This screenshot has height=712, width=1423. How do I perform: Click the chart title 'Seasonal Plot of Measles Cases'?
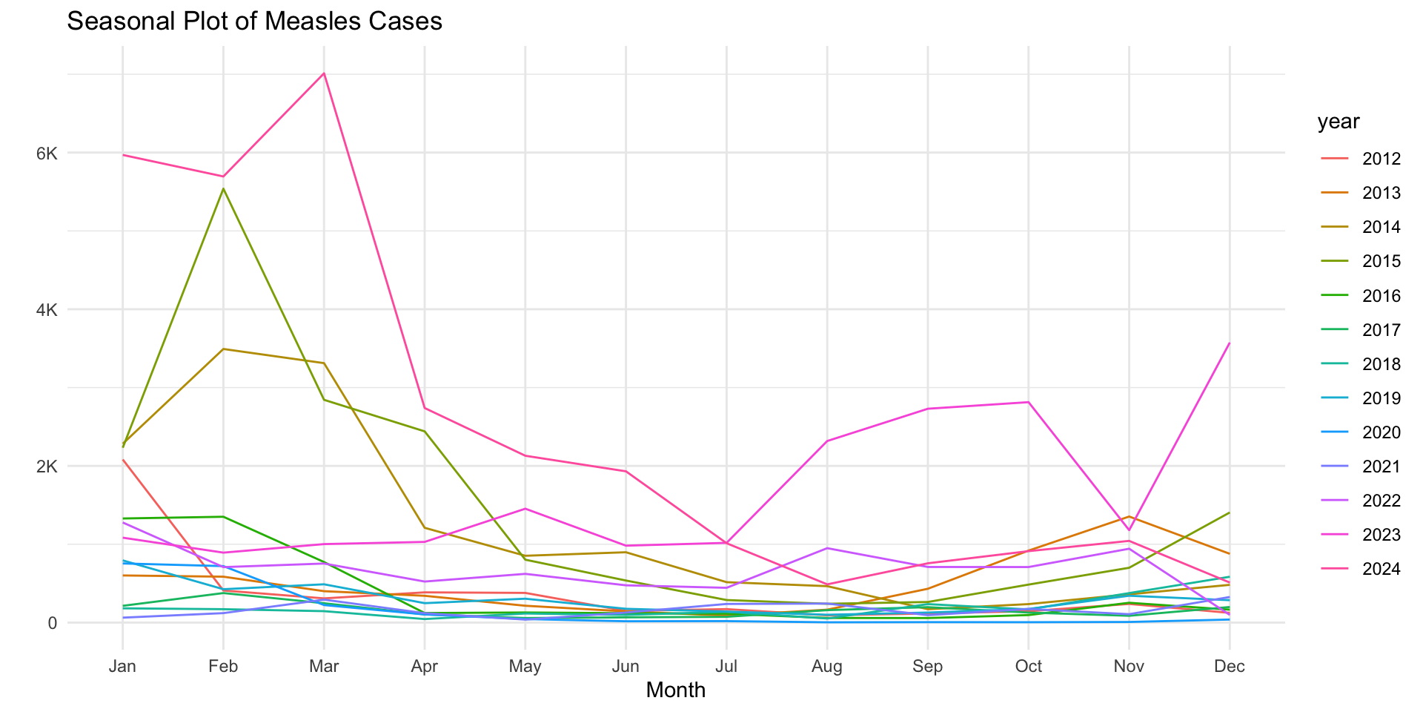pyautogui.click(x=254, y=22)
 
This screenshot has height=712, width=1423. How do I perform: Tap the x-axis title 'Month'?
pyautogui.click(x=675, y=690)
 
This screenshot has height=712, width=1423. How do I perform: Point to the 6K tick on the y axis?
pyautogui.click(x=47, y=154)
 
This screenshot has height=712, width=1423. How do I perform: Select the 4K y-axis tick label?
pyautogui.click(x=47, y=310)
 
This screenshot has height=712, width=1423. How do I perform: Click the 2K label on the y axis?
pyautogui.click(x=47, y=467)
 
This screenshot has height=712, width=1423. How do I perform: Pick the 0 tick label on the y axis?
pyautogui.click(x=53, y=623)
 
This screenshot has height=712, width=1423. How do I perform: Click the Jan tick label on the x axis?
pyautogui.click(x=122, y=666)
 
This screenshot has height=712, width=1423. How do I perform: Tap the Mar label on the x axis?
pyautogui.click(x=324, y=666)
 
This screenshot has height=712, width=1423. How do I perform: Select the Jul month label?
pyautogui.click(x=726, y=666)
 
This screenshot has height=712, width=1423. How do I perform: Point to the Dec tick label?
pyautogui.click(x=1230, y=666)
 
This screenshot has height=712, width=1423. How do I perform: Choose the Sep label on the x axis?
pyautogui.click(x=928, y=666)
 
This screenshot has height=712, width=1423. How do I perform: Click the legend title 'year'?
pyautogui.click(x=1339, y=122)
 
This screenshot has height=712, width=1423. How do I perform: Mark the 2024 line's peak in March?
pyautogui.click(x=324, y=73)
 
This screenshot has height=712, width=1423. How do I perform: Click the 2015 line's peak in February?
pyautogui.click(x=223, y=188)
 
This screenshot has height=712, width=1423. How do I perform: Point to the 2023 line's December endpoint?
pyautogui.click(x=1230, y=343)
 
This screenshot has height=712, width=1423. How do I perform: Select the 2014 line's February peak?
pyautogui.click(x=223, y=349)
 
